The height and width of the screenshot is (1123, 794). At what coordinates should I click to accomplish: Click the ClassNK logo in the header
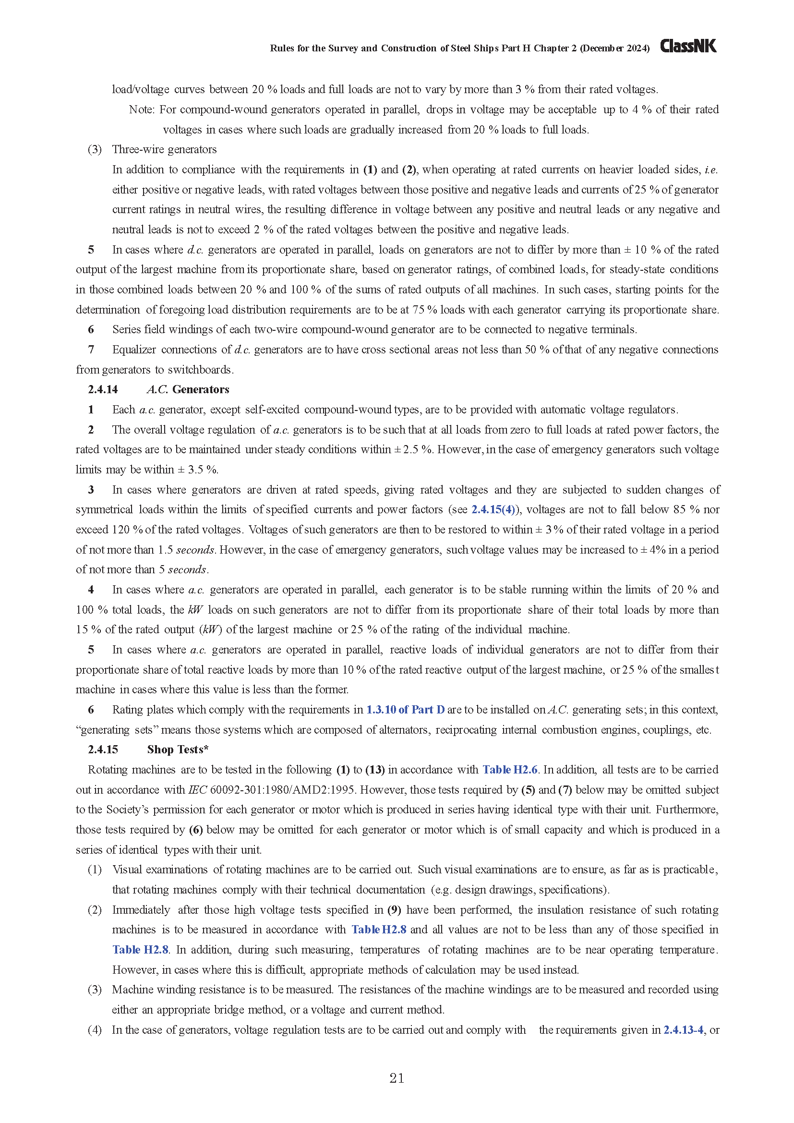[688, 46]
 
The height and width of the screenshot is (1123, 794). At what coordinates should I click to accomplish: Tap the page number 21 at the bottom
[397, 1078]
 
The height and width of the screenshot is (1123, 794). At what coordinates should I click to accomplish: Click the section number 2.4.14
[103, 389]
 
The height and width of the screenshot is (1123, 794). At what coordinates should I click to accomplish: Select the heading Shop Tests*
[178, 749]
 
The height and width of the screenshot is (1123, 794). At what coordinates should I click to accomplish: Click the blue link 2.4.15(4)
[494, 509]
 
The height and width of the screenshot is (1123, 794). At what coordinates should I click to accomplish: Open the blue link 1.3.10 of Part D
[405, 709]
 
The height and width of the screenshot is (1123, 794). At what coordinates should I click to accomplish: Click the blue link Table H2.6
[510, 769]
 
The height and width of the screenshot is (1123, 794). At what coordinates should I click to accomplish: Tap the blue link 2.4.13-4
[683, 1029]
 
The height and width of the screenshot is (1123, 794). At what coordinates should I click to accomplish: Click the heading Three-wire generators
[164, 149]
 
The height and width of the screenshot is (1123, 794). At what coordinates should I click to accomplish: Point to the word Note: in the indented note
[142, 109]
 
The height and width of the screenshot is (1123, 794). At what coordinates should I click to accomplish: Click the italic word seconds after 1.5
[195, 550]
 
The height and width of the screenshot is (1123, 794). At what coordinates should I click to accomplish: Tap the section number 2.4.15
[103, 749]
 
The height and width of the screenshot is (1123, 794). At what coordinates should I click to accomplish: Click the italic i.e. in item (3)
[710, 169]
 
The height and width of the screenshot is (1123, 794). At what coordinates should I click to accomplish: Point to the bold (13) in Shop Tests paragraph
[375, 769]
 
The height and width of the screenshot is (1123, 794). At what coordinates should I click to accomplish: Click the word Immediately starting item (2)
[141, 910]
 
